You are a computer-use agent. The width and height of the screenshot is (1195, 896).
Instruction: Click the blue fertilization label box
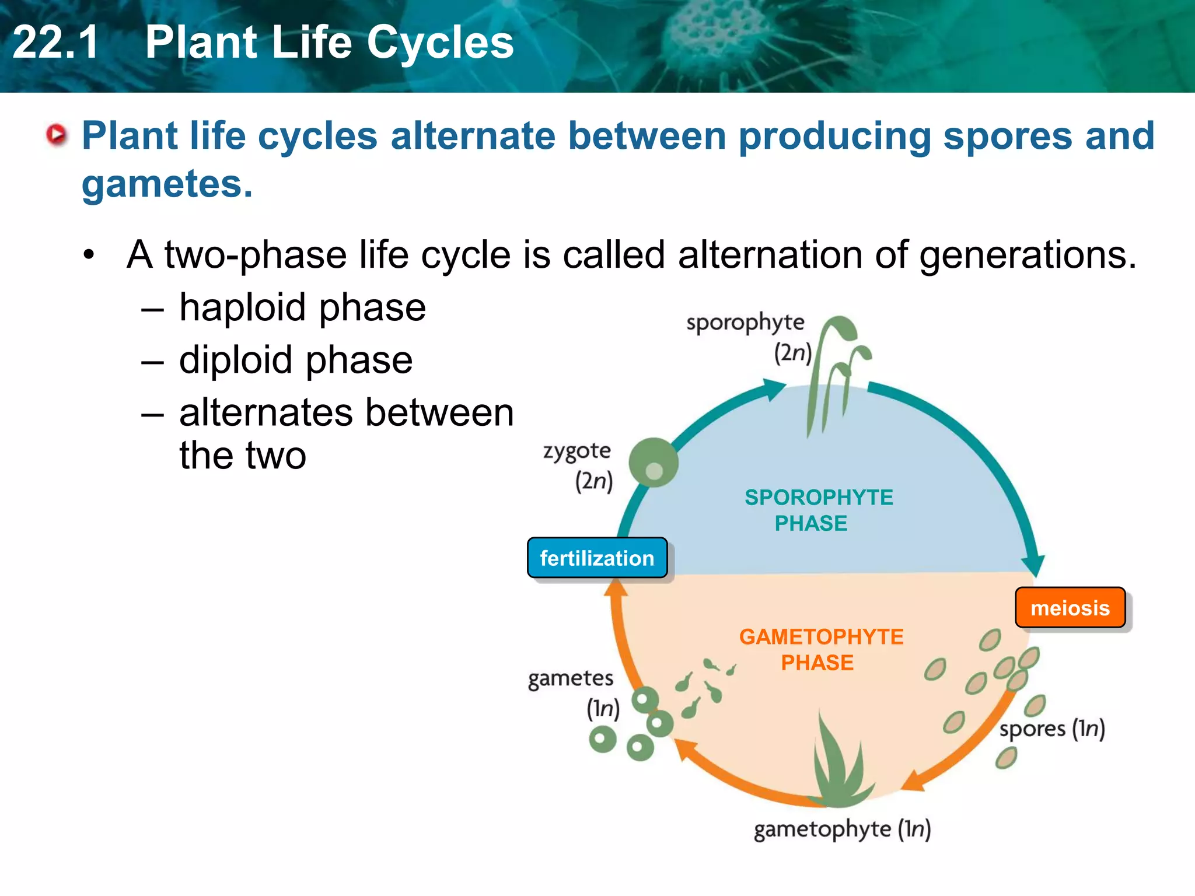pyautogui.click(x=597, y=558)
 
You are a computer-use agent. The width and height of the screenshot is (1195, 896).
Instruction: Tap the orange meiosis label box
pyautogui.click(x=1070, y=608)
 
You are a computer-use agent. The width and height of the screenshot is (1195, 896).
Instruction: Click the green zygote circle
pyautogui.click(x=654, y=462)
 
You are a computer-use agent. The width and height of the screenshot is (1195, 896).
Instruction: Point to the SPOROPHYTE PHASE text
pyautogui.click(x=818, y=510)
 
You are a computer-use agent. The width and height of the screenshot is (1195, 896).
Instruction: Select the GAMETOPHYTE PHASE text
pyautogui.click(x=820, y=649)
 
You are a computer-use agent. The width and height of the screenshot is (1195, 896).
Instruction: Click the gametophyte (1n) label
pyautogui.click(x=842, y=829)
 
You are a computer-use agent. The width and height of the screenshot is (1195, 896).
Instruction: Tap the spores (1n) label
pyautogui.click(x=1051, y=729)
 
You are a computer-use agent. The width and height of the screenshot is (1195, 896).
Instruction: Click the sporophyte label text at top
pyautogui.click(x=745, y=323)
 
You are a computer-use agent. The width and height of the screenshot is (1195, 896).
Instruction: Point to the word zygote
pyautogui.click(x=576, y=451)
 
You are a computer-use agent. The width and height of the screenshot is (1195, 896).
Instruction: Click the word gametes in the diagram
pyautogui.click(x=570, y=678)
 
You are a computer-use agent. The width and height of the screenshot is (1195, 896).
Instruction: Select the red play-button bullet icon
pyautogui.click(x=57, y=135)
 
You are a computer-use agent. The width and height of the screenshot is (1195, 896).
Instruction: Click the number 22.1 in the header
pyautogui.click(x=55, y=42)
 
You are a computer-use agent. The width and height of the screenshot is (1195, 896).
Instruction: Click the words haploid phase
pyautogui.click(x=302, y=307)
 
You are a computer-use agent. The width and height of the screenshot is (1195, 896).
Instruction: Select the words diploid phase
pyautogui.click(x=296, y=360)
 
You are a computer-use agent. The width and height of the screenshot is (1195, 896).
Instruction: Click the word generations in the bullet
pyautogui.click(x=1027, y=255)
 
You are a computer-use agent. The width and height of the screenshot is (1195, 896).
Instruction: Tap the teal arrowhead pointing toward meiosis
pyautogui.click(x=1035, y=564)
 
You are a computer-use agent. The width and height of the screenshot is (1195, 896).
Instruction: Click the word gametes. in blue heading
pyautogui.click(x=167, y=184)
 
